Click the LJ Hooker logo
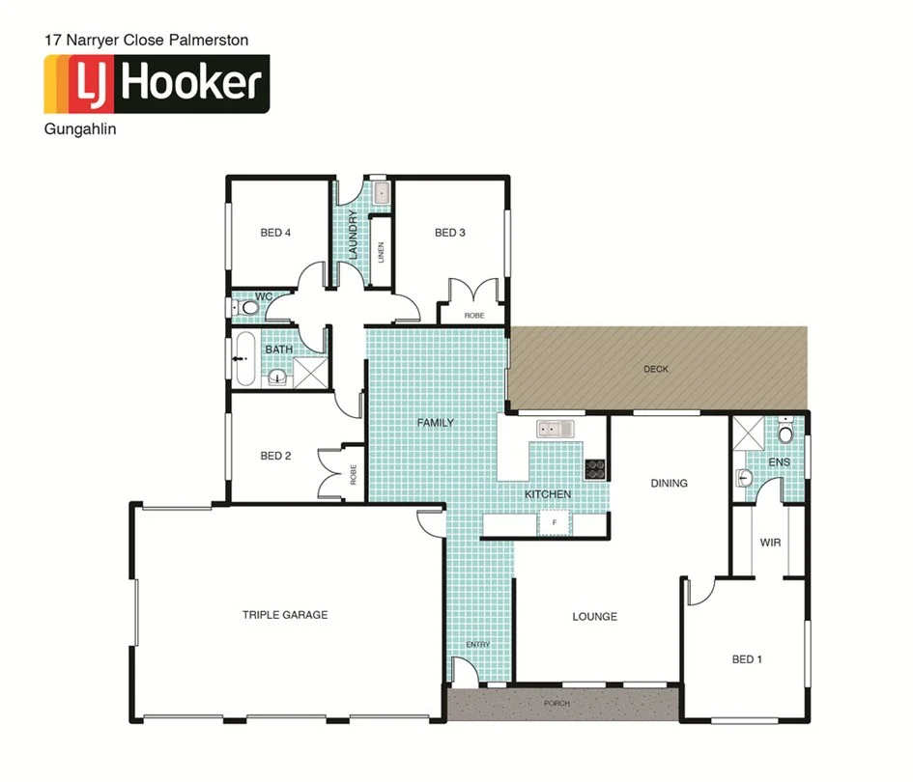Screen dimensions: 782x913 [x=155, y=84]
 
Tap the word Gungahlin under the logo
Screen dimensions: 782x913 [x=80, y=129]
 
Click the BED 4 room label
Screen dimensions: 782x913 [x=275, y=233]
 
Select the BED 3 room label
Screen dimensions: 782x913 [x=450, y=233]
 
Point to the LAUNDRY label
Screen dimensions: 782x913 [x=354, y=236]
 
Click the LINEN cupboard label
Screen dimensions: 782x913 [x=382, y=253]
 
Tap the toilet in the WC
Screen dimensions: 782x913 [x=249, y=308]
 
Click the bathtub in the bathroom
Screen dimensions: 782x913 [x=243, y=360]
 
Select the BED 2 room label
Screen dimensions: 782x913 [x=275, y=456]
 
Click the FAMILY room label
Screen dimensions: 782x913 [x=435, y=423]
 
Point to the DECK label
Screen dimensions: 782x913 [x=656, y=369]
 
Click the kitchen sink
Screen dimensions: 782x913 [x=556, y=428]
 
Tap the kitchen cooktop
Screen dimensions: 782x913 [x=595, y=469]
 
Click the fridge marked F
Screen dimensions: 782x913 [x=554, y=523]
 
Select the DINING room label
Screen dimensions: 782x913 [x=669, y=483]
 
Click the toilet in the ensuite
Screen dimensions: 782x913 [x=785, y=434]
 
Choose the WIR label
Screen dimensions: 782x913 [x=770, y=543]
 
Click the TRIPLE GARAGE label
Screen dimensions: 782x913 [x=285, y=614]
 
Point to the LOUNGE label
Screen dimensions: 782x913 [x=594, y=616]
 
